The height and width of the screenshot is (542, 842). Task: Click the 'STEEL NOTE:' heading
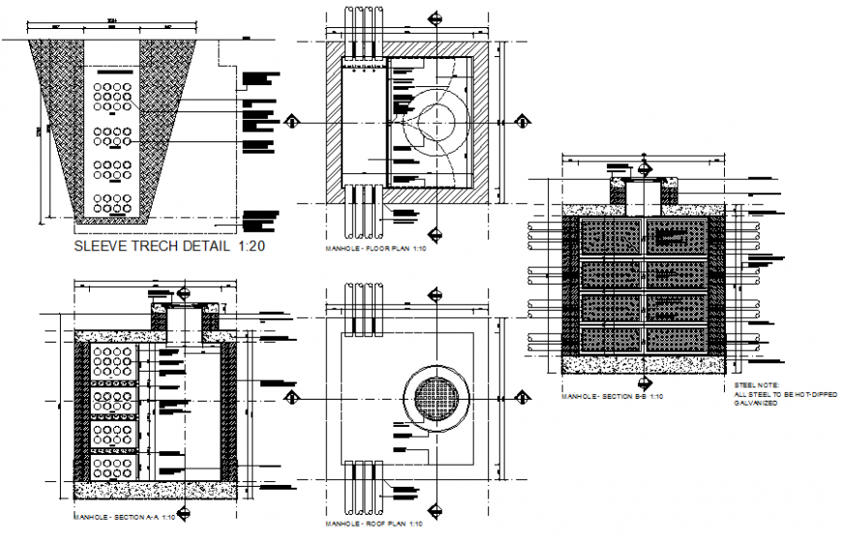click(x=756, y=385)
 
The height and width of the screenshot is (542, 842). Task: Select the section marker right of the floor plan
click(x=524, y=122)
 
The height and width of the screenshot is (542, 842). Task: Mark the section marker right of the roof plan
click(x=524, y=396)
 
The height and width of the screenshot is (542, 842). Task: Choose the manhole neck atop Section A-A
click(x=184, y=319)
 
